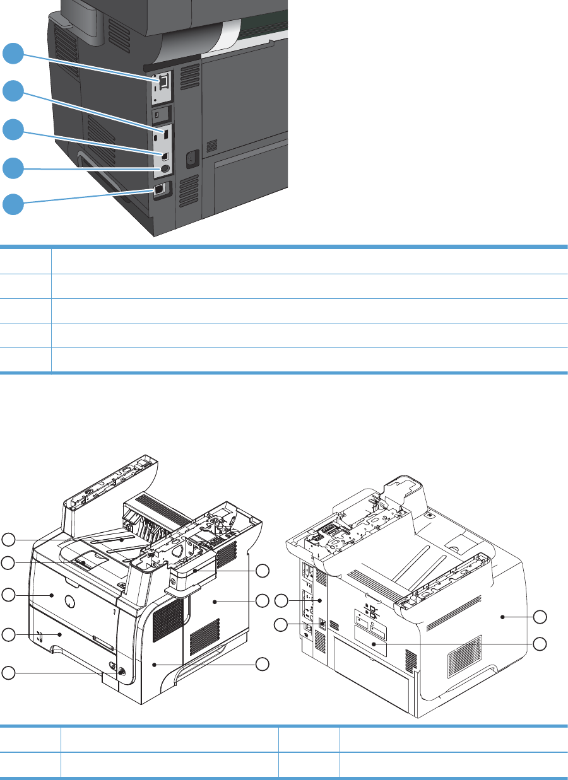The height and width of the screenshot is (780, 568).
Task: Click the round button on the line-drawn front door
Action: pos(70,602)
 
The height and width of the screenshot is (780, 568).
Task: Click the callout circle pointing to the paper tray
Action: pos(8,634)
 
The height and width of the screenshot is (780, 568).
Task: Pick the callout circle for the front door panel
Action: pos(8,594)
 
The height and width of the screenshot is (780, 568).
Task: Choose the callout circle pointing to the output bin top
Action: pos(8,538)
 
